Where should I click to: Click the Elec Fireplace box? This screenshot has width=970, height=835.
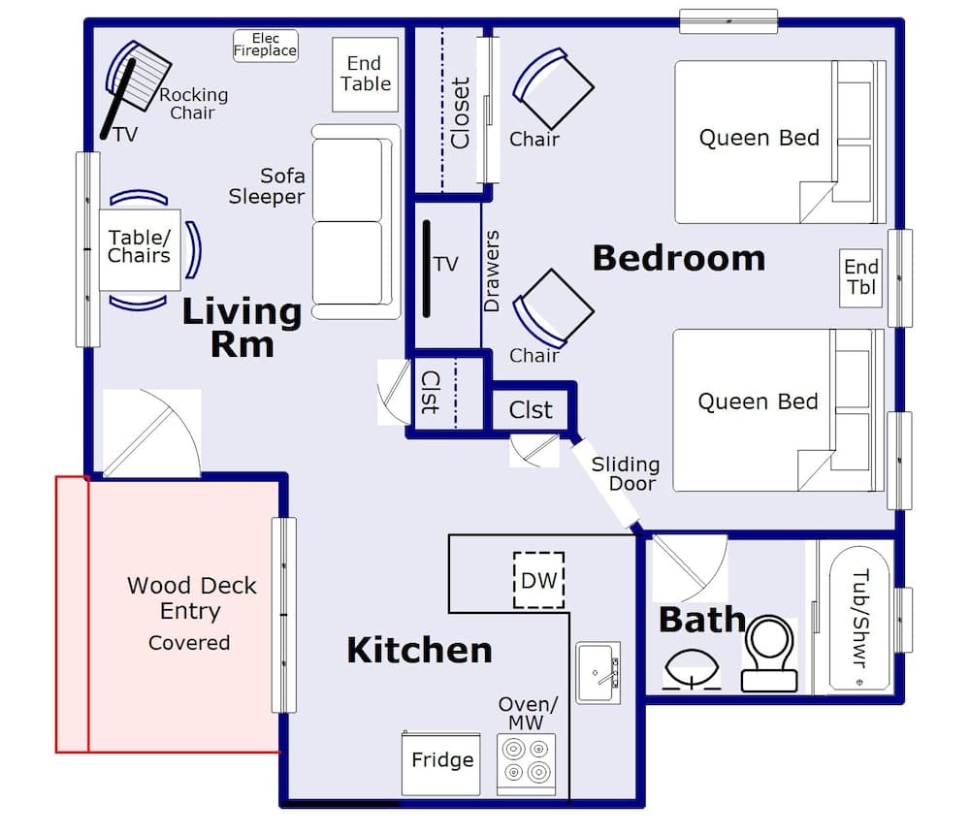click(265, 46)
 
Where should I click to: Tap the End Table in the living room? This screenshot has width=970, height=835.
click(366, 74)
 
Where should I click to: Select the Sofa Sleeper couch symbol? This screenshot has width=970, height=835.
click(356, 221)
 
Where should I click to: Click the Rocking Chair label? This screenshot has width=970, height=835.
click(193, 104)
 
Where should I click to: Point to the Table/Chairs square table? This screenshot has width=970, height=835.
click(140, 248)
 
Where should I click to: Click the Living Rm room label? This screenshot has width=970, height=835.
click(242, 328)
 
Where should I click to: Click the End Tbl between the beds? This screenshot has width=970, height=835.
click(860, 277)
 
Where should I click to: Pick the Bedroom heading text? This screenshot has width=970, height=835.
click(678, 259)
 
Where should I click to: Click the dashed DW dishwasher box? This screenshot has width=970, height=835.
click(538, 581)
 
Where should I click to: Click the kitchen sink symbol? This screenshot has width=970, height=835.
click(598, 672)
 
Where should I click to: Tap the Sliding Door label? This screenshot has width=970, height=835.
click(626, 474)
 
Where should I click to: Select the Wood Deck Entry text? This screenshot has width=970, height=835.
click(191, 598)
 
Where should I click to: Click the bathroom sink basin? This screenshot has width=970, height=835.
click(692, 670)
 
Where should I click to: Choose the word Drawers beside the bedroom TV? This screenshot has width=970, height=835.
click(492, 271)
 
